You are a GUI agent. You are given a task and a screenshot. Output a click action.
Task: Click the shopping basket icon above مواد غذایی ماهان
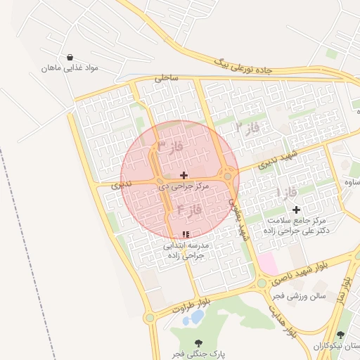point(70,57)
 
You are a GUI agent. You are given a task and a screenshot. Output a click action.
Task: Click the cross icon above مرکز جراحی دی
point(184,175)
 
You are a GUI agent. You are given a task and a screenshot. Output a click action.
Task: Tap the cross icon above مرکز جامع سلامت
point(295,210)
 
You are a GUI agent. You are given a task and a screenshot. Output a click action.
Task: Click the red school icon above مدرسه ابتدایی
point(186,234)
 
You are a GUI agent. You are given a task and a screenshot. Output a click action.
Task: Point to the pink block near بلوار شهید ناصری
point(267,264)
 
